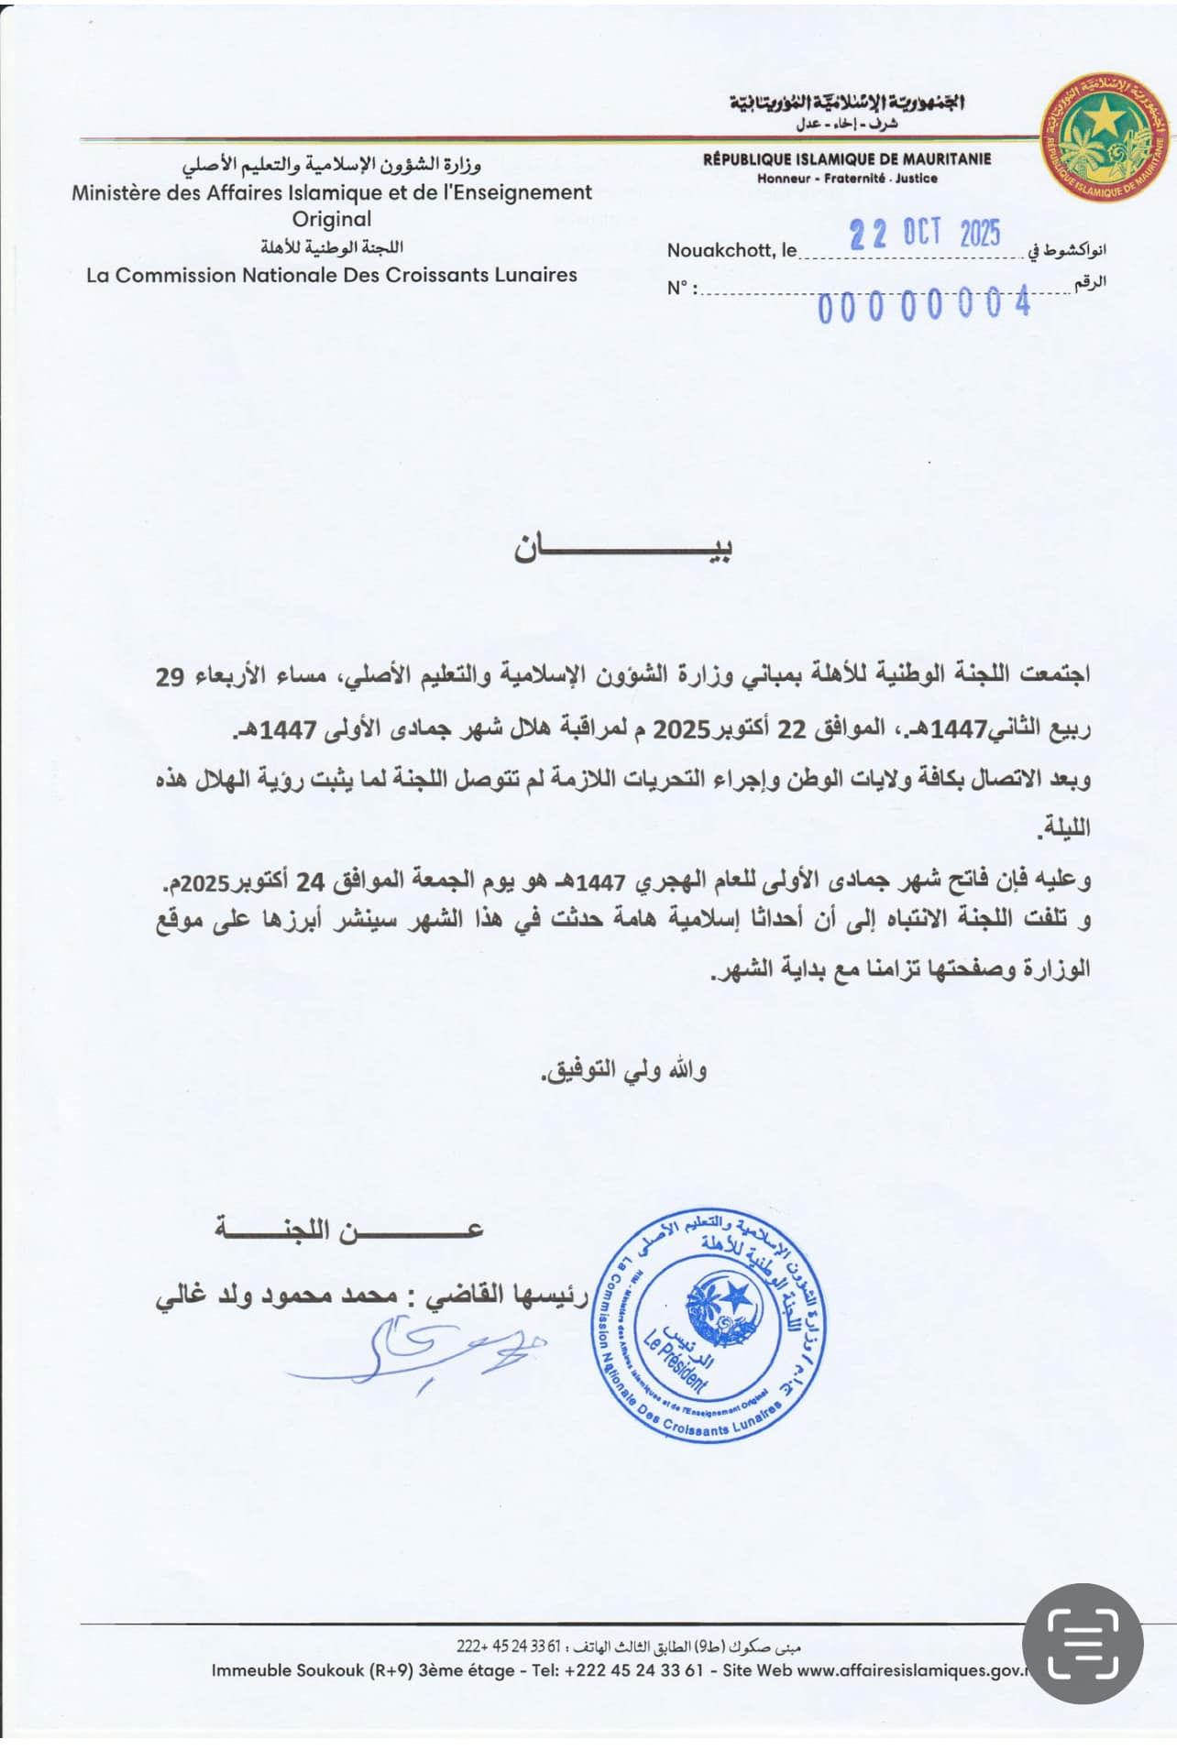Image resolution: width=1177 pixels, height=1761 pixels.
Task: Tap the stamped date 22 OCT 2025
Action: click(x=924, y=234)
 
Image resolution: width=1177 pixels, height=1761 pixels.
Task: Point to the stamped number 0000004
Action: click(x=924, y=306)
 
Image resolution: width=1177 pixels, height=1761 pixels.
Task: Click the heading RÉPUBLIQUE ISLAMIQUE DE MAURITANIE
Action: click(x=846, y=159)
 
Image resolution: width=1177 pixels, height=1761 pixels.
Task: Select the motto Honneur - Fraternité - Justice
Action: click(x=846, y=179)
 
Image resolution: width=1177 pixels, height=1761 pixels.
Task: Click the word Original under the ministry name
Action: click(x=332, y=219)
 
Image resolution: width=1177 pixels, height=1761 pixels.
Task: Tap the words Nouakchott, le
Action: click(x=731, y=250)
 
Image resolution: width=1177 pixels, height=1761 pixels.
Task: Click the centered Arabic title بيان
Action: click(x=623, y=548)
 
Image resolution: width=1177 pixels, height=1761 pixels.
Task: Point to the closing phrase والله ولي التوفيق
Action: click(x=624, y=1070)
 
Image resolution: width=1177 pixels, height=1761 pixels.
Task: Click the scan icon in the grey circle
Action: click(x=1083, y=1644)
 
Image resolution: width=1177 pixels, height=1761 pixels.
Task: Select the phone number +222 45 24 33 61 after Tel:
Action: click(x=633, y=1670)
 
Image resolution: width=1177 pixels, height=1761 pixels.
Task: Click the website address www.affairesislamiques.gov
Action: click(x=910, y=1670)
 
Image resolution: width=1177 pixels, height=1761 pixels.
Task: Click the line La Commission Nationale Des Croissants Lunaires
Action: click(x=332, y=275)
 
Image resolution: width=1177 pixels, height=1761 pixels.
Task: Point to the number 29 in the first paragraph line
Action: click(x=170, y=677)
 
